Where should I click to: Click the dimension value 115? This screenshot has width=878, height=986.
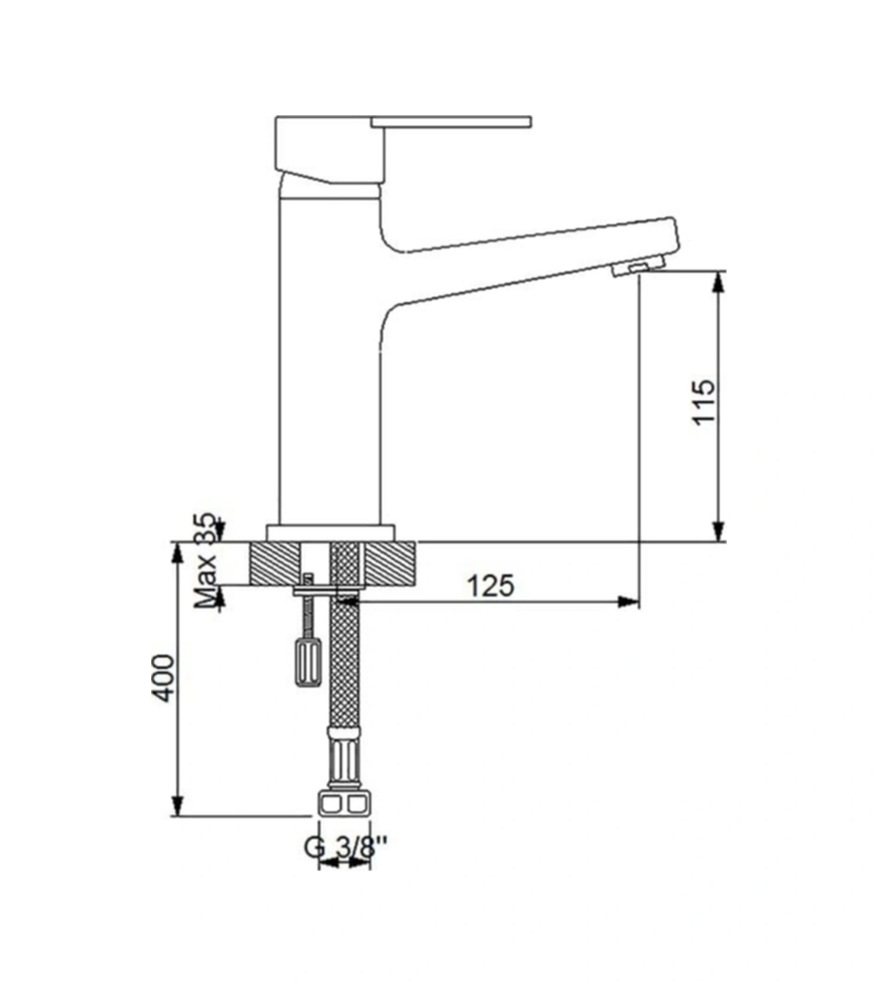pos(704,401)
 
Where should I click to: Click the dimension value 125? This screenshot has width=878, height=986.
pos(491,586)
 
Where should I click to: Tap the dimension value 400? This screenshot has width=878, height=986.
pos(164,678)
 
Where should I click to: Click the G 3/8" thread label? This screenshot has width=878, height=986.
pos(347,848)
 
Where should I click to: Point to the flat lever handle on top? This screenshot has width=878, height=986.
pos(452,122)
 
